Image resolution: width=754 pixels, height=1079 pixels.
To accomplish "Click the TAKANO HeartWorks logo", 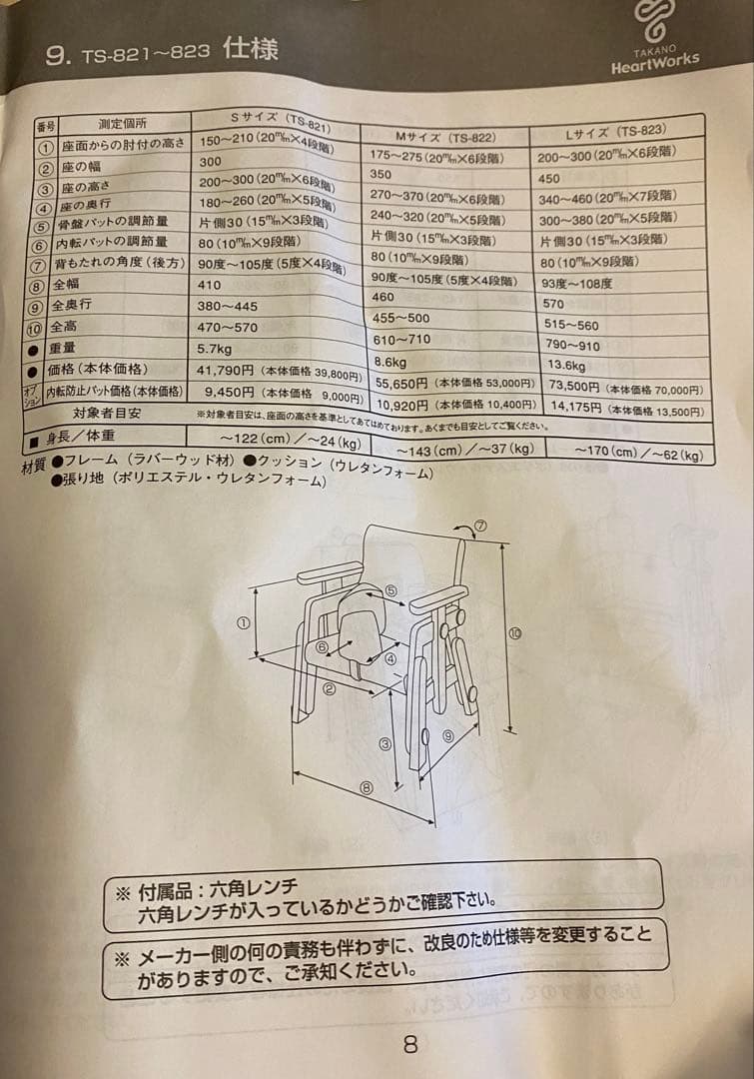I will (655, 40).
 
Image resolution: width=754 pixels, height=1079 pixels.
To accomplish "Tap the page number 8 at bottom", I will (410, 1045).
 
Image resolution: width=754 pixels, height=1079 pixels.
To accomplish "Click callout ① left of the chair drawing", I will (243, 622).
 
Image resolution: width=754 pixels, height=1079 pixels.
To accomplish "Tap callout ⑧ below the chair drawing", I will (367, 787).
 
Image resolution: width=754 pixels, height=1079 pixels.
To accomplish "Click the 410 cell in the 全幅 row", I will (212, 285).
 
